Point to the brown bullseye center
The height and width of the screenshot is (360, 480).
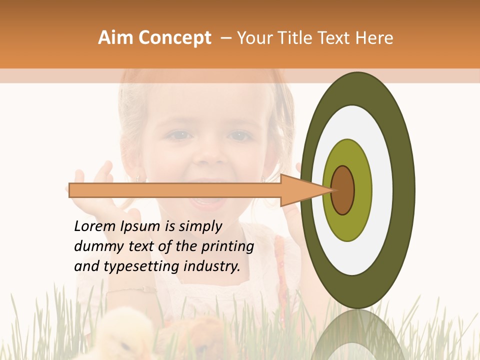[x=343, y=190]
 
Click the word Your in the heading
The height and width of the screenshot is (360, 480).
[x=252, y=38]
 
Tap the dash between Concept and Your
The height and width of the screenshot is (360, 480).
[x=225, y=38]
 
